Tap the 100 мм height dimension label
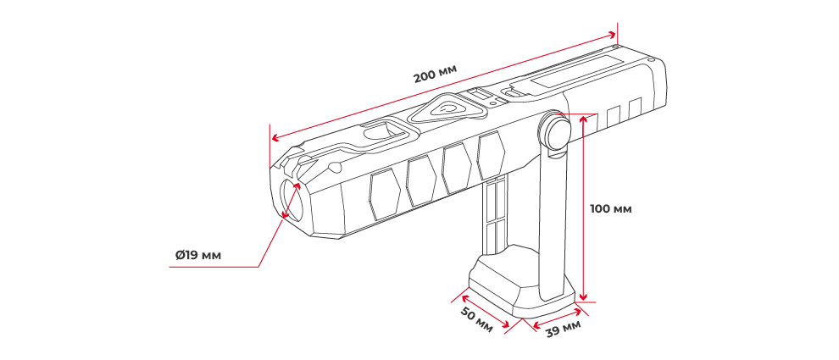610,208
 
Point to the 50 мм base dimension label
476,319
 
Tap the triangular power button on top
447,108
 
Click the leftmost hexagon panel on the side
384,193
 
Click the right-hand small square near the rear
635,108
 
